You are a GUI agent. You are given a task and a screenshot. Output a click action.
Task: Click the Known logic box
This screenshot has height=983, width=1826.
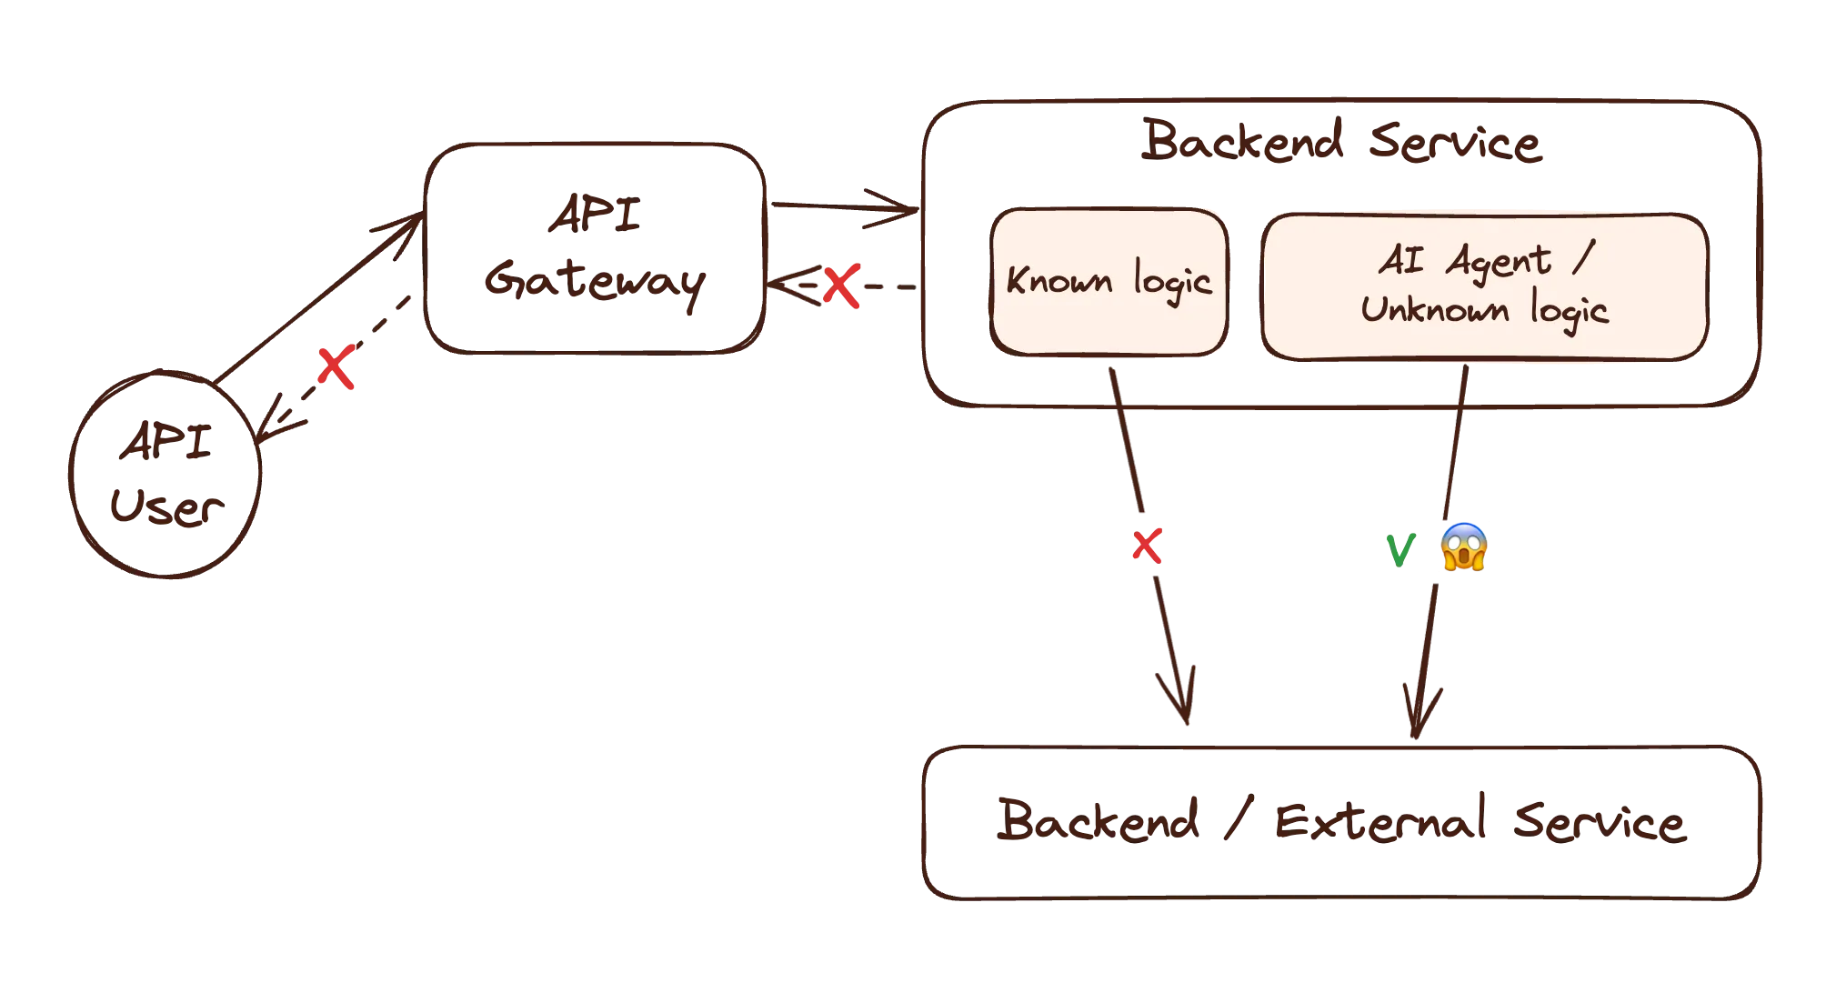pyautogui.click(x=1109, y=282)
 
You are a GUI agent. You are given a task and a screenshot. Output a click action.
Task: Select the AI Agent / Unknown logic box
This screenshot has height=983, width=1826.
pyautogui.click(x=1484, y=286)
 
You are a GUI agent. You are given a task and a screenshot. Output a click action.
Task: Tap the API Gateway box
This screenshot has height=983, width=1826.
pyautogui.click(x=596, y=248)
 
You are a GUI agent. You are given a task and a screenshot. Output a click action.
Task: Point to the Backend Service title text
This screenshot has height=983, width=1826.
pyautogui.click(x=1340, y=144)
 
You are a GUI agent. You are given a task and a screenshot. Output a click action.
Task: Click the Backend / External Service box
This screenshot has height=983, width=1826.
pyautogui.click(x=1342, y=823)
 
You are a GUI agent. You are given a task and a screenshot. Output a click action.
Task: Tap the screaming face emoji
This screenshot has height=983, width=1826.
pyautogui.click(x=1464, y=548)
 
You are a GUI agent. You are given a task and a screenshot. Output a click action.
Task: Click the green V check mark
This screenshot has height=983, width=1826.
pyautogui.click(x=1400, y=550)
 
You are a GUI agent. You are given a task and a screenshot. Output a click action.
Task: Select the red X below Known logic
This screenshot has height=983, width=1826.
pyautogui.click(x=1146, y=547)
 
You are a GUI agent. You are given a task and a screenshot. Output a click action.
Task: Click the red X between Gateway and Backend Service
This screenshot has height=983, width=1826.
pyautogui.click(x=840, y=287)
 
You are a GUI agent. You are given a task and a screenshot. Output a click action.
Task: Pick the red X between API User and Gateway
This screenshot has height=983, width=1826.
pyautogui.click(x=335, y=368)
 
